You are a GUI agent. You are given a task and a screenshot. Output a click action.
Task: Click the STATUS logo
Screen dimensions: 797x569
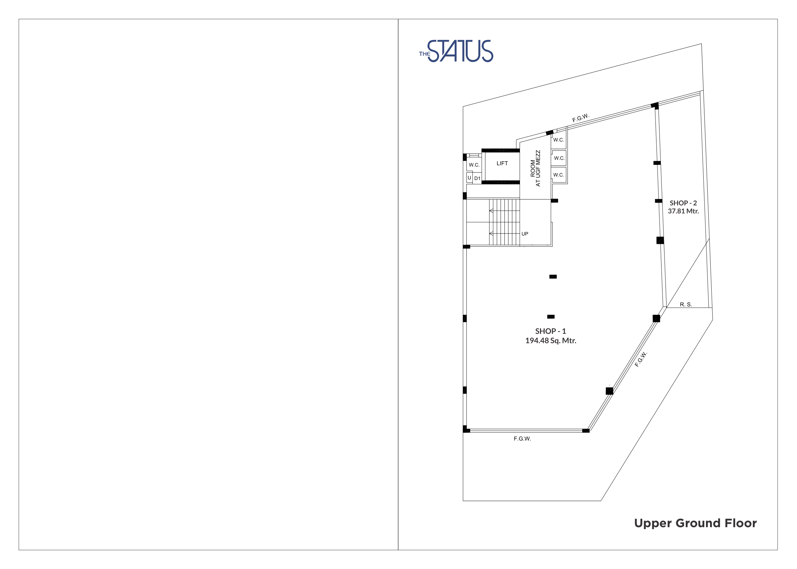[456, 51]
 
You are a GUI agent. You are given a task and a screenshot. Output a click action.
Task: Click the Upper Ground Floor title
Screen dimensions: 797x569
[695, 523]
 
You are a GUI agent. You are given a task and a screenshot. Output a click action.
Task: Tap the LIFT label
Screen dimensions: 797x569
[502, 163]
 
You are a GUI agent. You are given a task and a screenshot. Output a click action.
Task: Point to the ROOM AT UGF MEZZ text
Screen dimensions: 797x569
[535, 168]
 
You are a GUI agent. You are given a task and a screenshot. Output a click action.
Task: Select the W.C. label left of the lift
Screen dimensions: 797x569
[474, 165]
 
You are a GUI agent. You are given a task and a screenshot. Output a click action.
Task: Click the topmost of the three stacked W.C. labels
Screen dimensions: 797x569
[558, 140]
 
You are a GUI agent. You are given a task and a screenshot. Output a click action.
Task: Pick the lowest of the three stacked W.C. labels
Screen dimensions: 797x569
[558, 175]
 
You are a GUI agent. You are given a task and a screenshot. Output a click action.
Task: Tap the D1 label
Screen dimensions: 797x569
[477, 178]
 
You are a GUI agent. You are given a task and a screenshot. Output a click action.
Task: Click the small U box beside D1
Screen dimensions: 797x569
[469, 178]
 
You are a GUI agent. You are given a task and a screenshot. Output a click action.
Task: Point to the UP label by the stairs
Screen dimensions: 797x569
[525, 234]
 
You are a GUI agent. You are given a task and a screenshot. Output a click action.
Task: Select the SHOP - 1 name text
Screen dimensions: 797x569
[550, 331]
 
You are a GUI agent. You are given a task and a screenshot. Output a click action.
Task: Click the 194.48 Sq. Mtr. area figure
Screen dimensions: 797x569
[551, 341]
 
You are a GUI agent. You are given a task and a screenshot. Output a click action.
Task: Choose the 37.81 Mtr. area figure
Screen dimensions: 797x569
[683, 211]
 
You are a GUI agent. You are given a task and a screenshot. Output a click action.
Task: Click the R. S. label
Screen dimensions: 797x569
[686, 304]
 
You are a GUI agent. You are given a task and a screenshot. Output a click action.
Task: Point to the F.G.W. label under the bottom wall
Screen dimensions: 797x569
[522, 439]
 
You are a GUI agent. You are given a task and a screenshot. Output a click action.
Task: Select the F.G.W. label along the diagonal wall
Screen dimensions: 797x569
[641, 359]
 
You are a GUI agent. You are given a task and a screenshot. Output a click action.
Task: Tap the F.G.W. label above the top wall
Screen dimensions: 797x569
[581, 118]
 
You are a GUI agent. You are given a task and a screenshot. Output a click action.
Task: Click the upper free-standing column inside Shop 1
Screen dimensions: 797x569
[553, 277]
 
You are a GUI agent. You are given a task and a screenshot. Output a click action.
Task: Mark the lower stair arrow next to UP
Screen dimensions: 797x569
[504, 234]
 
